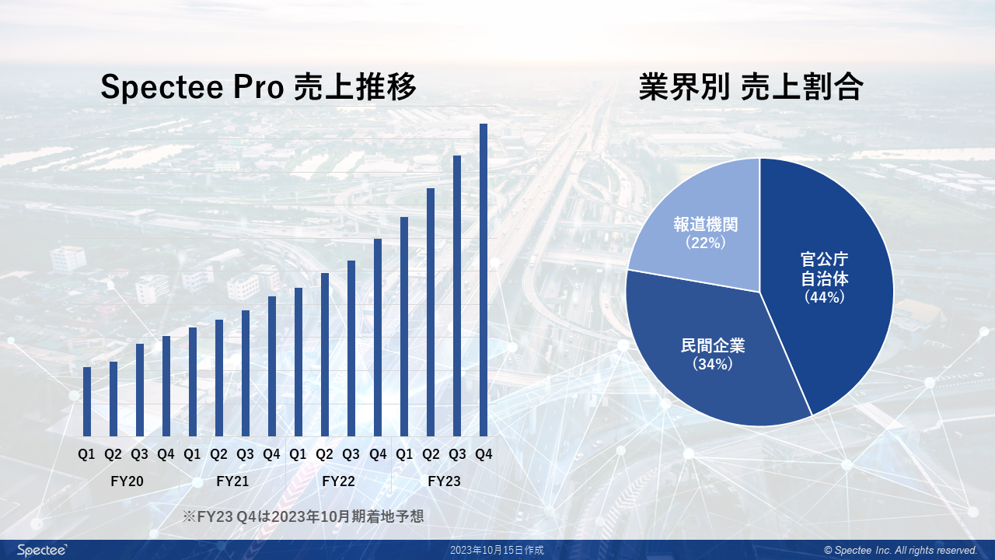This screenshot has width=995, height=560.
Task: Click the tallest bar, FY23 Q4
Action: (483, 280)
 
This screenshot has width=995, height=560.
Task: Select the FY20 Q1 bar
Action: (87, 401)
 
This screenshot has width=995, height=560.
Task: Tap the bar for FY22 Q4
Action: (378, 338)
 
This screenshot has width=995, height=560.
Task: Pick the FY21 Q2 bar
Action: (219, 378)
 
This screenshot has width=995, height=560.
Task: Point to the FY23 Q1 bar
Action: (404, 327)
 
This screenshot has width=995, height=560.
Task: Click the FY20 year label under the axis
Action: (127, 481)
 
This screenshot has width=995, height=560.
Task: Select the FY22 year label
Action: (338, 481)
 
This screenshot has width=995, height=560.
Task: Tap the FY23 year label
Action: (444, 481)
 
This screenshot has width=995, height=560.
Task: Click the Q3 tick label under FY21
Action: (245, 454)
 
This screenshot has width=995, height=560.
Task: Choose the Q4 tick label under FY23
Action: (484, 454)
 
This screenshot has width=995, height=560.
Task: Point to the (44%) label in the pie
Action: (824, 296)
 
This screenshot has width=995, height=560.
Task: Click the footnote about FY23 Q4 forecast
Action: (303, 516)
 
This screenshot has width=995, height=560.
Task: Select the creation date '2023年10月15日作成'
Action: (497, 550)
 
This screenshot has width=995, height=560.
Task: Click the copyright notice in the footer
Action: (900, 550)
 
